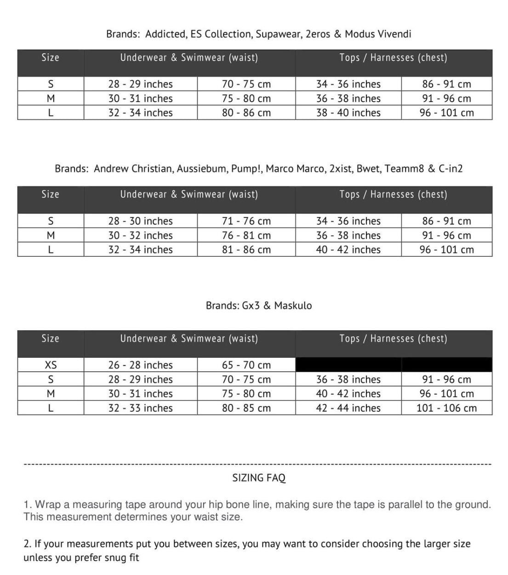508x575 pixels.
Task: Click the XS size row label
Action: (x=51, y=365)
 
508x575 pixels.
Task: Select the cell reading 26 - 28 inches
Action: (x=140, y=365)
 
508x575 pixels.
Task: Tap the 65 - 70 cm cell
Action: (x=246, y=365)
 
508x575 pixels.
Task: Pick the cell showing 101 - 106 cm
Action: (x=446, y=408)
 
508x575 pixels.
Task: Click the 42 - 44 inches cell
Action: (x=348, y=408)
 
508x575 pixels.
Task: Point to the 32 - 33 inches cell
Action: (x=140, y=408)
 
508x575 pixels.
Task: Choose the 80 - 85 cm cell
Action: (x=246, y=408)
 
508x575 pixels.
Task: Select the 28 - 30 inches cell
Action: (x=140, y=221)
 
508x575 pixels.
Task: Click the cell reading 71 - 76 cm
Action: (x=246, y=221)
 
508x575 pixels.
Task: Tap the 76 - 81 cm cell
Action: (x=246, y=235)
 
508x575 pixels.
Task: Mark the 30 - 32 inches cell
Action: (x=140, y=235)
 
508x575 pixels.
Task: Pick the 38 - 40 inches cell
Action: (x=348, y=113)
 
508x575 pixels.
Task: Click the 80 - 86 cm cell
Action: (x=246, y=113)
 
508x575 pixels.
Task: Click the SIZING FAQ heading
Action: (x=259, y=478)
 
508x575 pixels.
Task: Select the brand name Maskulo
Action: (x=293, y=305)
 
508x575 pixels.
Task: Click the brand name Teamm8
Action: (x=404, y=168)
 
